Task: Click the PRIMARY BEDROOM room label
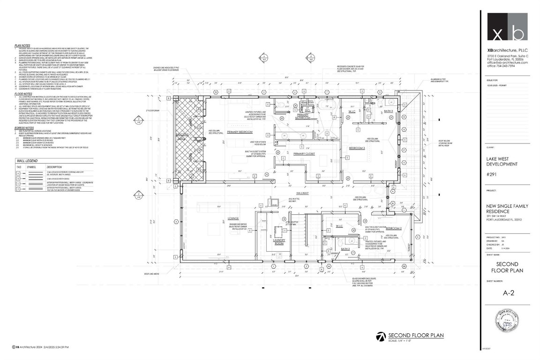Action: click(x=240, y=133)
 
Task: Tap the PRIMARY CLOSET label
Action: click(x=304, y=154)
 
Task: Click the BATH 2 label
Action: click(x=346, y=249)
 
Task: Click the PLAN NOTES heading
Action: click(x=22, y=46)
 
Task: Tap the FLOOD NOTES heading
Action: click(x=23, y=93)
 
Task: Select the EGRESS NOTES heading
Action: click(x=24, y=127)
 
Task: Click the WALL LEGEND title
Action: click(x=27, y=160)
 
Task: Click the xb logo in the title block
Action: click(x=507, y=27)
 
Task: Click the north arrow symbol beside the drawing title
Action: click(x=381, y=337)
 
